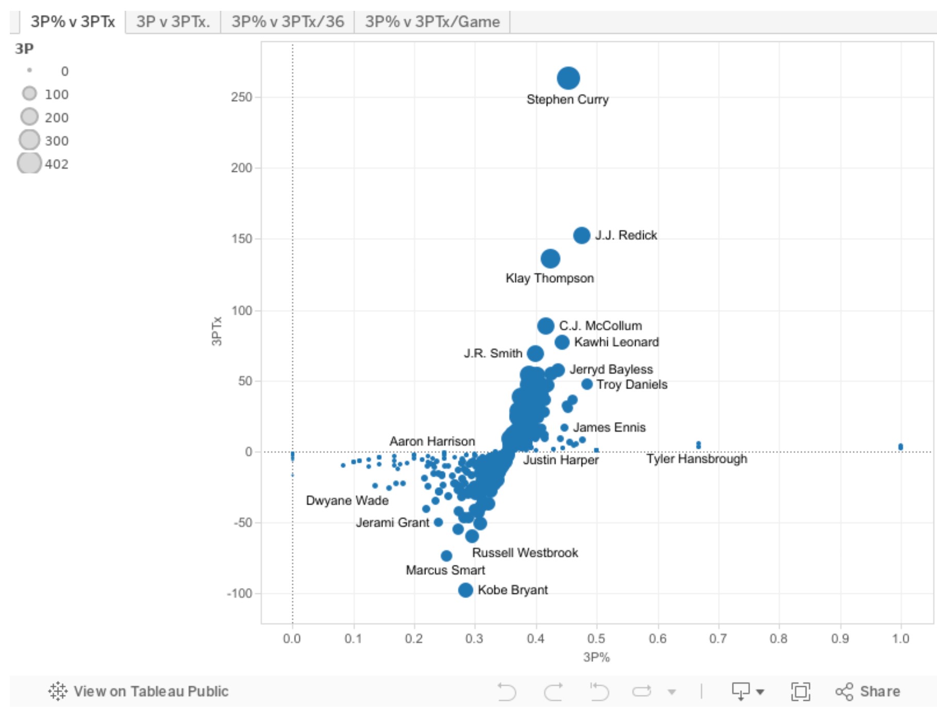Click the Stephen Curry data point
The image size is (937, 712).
[x=568, y=78]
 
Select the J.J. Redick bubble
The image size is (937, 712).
[x=581, y=235]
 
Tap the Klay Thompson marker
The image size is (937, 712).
[x=550, y=258]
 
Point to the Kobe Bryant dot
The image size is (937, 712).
[x=465, y=590]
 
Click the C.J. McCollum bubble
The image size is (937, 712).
[x=545, y=326]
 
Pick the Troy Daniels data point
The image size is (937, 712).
[x=586, y=384]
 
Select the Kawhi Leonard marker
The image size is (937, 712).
[x=562, y=342]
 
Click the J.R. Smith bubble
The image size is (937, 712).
[x=535, y=353]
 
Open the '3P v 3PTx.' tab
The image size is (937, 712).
[x=173, y=22]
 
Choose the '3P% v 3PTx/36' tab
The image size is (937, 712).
[x=288, y=22]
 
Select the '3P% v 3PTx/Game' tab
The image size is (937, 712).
[x=432, y=22]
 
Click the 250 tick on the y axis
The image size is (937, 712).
[x=242, y=97]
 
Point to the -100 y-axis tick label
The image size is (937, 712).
[x=240, y=593]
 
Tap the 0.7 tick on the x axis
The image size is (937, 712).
[x=718, y=639]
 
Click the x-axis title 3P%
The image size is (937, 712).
[x=596, y=657]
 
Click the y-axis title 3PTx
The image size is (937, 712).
[x=217, y=331]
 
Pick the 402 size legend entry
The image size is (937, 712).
[x=43, y=164]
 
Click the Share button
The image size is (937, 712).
[x=867, y=691]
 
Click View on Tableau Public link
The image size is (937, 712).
[x=138, y=691]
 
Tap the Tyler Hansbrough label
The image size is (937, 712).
[x=697, y=459]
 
